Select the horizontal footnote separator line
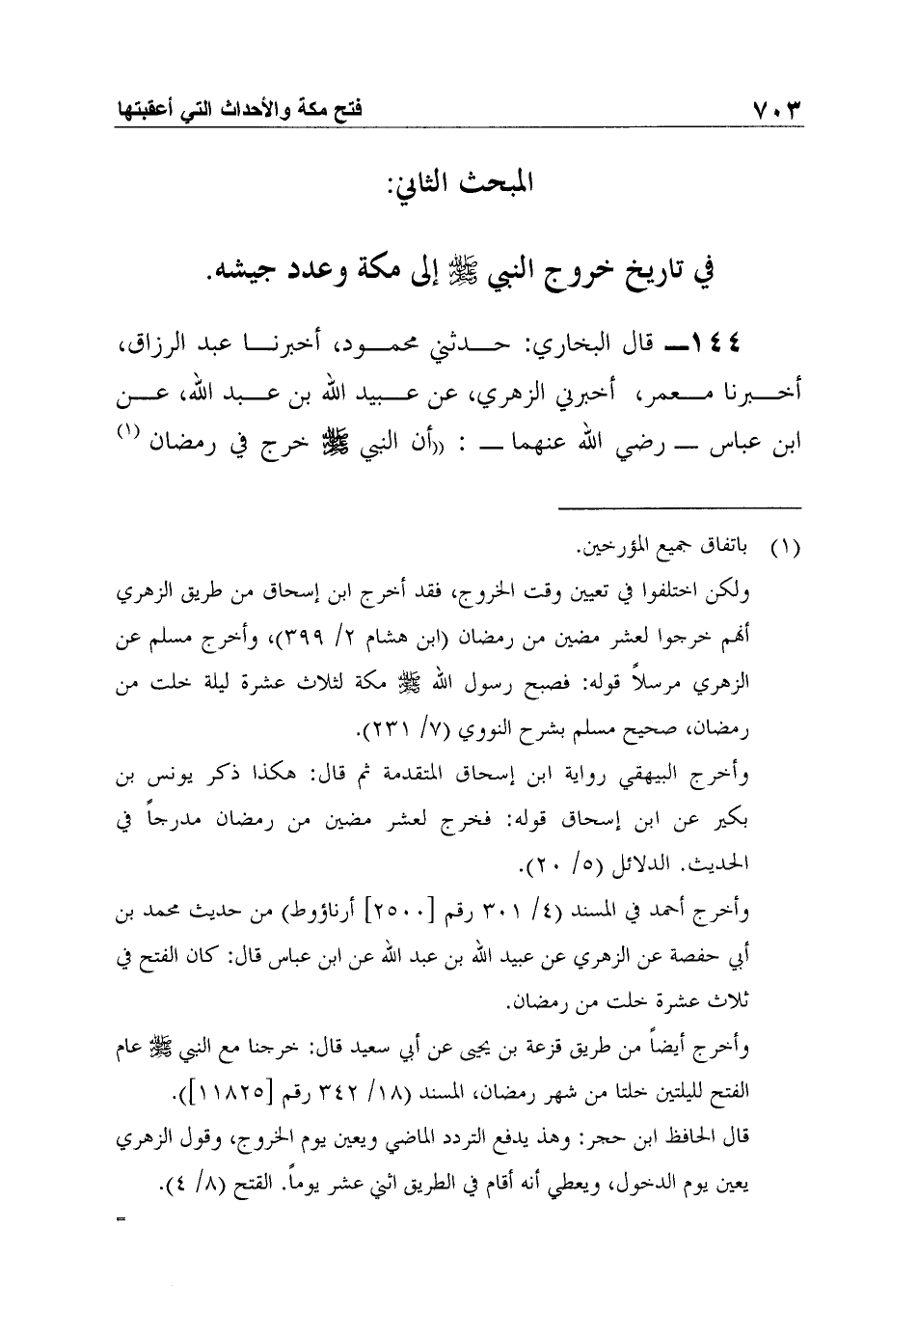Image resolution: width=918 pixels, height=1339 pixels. [x=681, y=508]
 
